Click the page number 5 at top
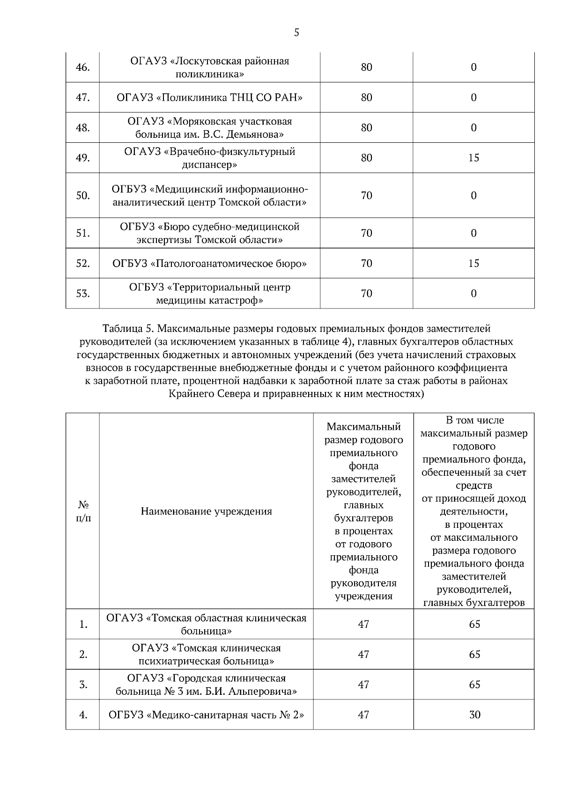296,33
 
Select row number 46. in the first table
82,67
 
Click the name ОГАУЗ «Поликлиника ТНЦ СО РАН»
209,97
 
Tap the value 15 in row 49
473,158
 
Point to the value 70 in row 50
366,195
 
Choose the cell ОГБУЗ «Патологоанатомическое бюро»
209,264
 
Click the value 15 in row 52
473,264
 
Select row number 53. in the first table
82,294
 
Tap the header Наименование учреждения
206,511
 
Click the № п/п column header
83,511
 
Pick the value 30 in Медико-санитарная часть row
474,715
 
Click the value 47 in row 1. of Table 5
363,624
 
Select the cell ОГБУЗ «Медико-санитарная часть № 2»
206,715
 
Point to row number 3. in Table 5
83,685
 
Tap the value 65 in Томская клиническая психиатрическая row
474,655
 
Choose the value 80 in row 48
366,128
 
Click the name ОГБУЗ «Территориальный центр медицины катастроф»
209,294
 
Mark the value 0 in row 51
473,233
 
